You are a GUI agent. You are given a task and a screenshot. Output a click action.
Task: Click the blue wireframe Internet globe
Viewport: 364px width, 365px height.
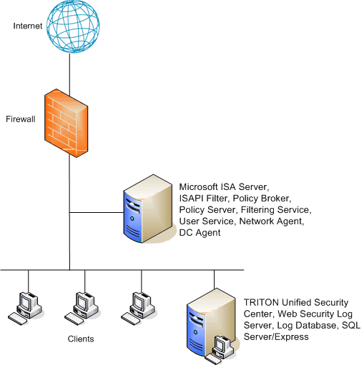(73, 26)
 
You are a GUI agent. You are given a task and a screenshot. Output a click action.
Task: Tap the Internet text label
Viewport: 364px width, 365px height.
(28, 26)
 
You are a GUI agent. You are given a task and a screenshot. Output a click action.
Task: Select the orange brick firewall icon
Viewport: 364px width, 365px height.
(67, 123)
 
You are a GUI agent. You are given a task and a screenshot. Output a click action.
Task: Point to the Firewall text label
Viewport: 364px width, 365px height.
(21, 119)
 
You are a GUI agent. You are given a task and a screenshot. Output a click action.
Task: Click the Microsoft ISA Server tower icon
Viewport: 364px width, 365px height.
(148, 209)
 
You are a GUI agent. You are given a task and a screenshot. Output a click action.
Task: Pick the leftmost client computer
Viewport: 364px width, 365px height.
(25, 309)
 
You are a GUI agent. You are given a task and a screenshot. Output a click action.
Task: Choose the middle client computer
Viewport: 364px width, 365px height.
(82, 309)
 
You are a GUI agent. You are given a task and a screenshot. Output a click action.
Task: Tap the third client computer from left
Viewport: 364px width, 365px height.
(138, 309)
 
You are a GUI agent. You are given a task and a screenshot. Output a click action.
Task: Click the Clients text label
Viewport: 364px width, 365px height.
(81, 339)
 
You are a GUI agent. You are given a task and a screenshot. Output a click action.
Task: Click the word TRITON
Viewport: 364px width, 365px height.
(261, 302)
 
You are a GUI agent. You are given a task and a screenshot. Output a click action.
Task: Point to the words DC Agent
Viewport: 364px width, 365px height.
(200, 233)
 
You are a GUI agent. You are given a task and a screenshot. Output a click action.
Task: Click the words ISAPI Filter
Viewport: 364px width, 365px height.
(203, 199)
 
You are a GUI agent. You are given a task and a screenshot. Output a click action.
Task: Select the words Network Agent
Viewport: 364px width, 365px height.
(271, 221)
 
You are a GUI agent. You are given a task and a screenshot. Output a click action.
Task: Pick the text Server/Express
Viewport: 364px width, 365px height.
(276, 336)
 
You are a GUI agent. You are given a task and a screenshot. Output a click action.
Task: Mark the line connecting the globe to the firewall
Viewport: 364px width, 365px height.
(69, 74)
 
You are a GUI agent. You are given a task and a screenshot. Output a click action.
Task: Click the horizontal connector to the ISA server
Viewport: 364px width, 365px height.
(97, 212)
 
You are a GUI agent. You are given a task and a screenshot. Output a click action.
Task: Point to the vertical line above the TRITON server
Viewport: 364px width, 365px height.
(214, 279)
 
